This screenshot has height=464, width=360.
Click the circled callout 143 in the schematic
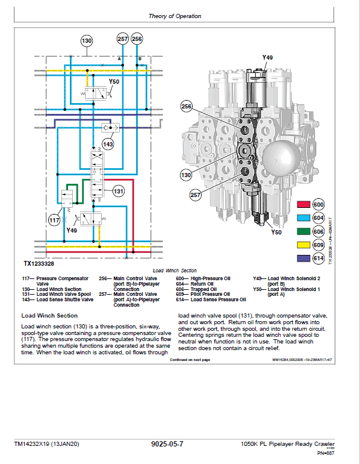tap(108, 145)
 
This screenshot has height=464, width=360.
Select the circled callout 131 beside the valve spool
tap(119, 192)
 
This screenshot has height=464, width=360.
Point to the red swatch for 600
tap(303, 204)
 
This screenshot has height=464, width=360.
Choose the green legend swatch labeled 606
tap(303, 231)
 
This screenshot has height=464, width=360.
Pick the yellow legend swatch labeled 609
tap(303, 245)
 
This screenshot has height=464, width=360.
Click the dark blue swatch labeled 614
tap(303, 258)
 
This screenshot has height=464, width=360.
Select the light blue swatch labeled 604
tap(303, 218)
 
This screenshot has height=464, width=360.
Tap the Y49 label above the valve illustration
tap(267, 57)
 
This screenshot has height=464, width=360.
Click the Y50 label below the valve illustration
tap(276, 232)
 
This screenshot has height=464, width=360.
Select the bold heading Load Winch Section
tap(49, 315)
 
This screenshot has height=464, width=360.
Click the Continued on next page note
tap(190, 359)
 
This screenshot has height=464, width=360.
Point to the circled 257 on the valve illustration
tap(196, 195)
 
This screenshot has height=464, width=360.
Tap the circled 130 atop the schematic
tap(87, 40)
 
